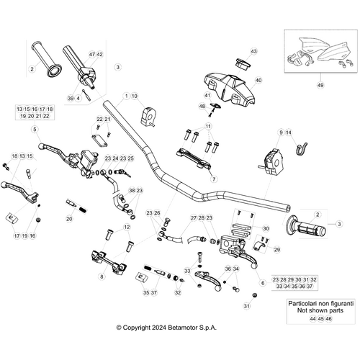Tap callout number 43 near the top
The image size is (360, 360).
pos(253,52)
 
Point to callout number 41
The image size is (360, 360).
pos(207,96)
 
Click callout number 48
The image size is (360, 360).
pos(202,107)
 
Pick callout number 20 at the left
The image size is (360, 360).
pos(69,218)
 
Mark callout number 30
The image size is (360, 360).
pos(245,228)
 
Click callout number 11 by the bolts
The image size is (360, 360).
pos(210,127)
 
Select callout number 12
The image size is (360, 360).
pos(127,228)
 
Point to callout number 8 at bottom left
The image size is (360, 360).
pos(102,276)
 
